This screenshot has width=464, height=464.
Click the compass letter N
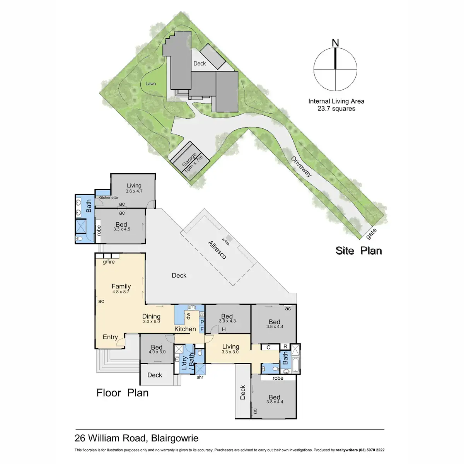335,43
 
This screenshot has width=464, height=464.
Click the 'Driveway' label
301,166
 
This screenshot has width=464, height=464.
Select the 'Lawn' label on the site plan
151,84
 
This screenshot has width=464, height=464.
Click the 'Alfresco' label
217,250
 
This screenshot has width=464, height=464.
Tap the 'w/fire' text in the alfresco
225,241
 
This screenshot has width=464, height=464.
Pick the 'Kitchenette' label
108,198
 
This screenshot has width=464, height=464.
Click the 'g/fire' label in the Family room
109,262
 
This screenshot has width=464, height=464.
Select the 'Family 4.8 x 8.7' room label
121,288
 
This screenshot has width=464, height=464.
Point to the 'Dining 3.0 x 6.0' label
151,318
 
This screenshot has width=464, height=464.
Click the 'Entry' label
110,337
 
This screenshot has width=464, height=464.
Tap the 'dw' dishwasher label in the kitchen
188,316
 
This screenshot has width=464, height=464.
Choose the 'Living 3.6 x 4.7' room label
134,188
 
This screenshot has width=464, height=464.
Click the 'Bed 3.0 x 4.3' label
227,318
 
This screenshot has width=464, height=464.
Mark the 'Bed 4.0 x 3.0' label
157,349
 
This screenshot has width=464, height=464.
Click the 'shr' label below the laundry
200,377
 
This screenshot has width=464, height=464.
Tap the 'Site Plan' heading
358,251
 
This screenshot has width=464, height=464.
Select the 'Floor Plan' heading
122,393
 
